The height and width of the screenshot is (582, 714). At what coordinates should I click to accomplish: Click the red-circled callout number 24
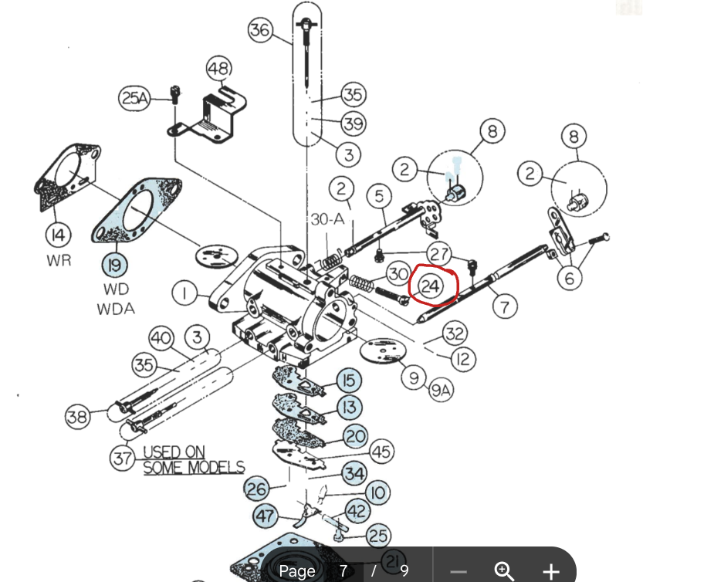click(431, 286)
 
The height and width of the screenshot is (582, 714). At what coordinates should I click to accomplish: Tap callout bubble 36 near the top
click(261, 31)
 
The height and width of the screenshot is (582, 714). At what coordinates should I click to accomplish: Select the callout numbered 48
click(219, 69)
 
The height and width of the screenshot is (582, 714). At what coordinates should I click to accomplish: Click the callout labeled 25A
click(134, 98)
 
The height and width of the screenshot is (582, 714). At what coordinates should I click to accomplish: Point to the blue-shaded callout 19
click(113, 266)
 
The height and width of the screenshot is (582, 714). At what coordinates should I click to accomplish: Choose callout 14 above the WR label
click(58, 234)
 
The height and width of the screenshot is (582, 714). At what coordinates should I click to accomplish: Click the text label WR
click(58, 260)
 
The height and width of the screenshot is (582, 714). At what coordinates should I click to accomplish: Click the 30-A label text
click(327, 219)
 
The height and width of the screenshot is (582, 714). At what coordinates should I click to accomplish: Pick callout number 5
click(379, 197)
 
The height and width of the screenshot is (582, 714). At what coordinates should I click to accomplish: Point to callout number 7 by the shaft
click(505, 306)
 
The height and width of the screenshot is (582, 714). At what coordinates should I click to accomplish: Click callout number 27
click(439, 254)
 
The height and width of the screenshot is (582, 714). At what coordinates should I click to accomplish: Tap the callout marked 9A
click(442, 391)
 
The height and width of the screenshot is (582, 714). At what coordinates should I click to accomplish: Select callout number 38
click(77, 417)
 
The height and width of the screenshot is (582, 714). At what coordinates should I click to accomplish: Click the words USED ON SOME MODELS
click(194, 459)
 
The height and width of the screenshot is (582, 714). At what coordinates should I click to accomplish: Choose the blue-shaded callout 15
click(349, 380)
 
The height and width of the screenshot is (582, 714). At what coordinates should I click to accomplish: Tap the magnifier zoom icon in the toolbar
click(504, 571)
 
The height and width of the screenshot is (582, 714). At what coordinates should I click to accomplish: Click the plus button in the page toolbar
click(550, 571)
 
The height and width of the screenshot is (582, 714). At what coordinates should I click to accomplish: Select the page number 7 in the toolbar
click(343, 571)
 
